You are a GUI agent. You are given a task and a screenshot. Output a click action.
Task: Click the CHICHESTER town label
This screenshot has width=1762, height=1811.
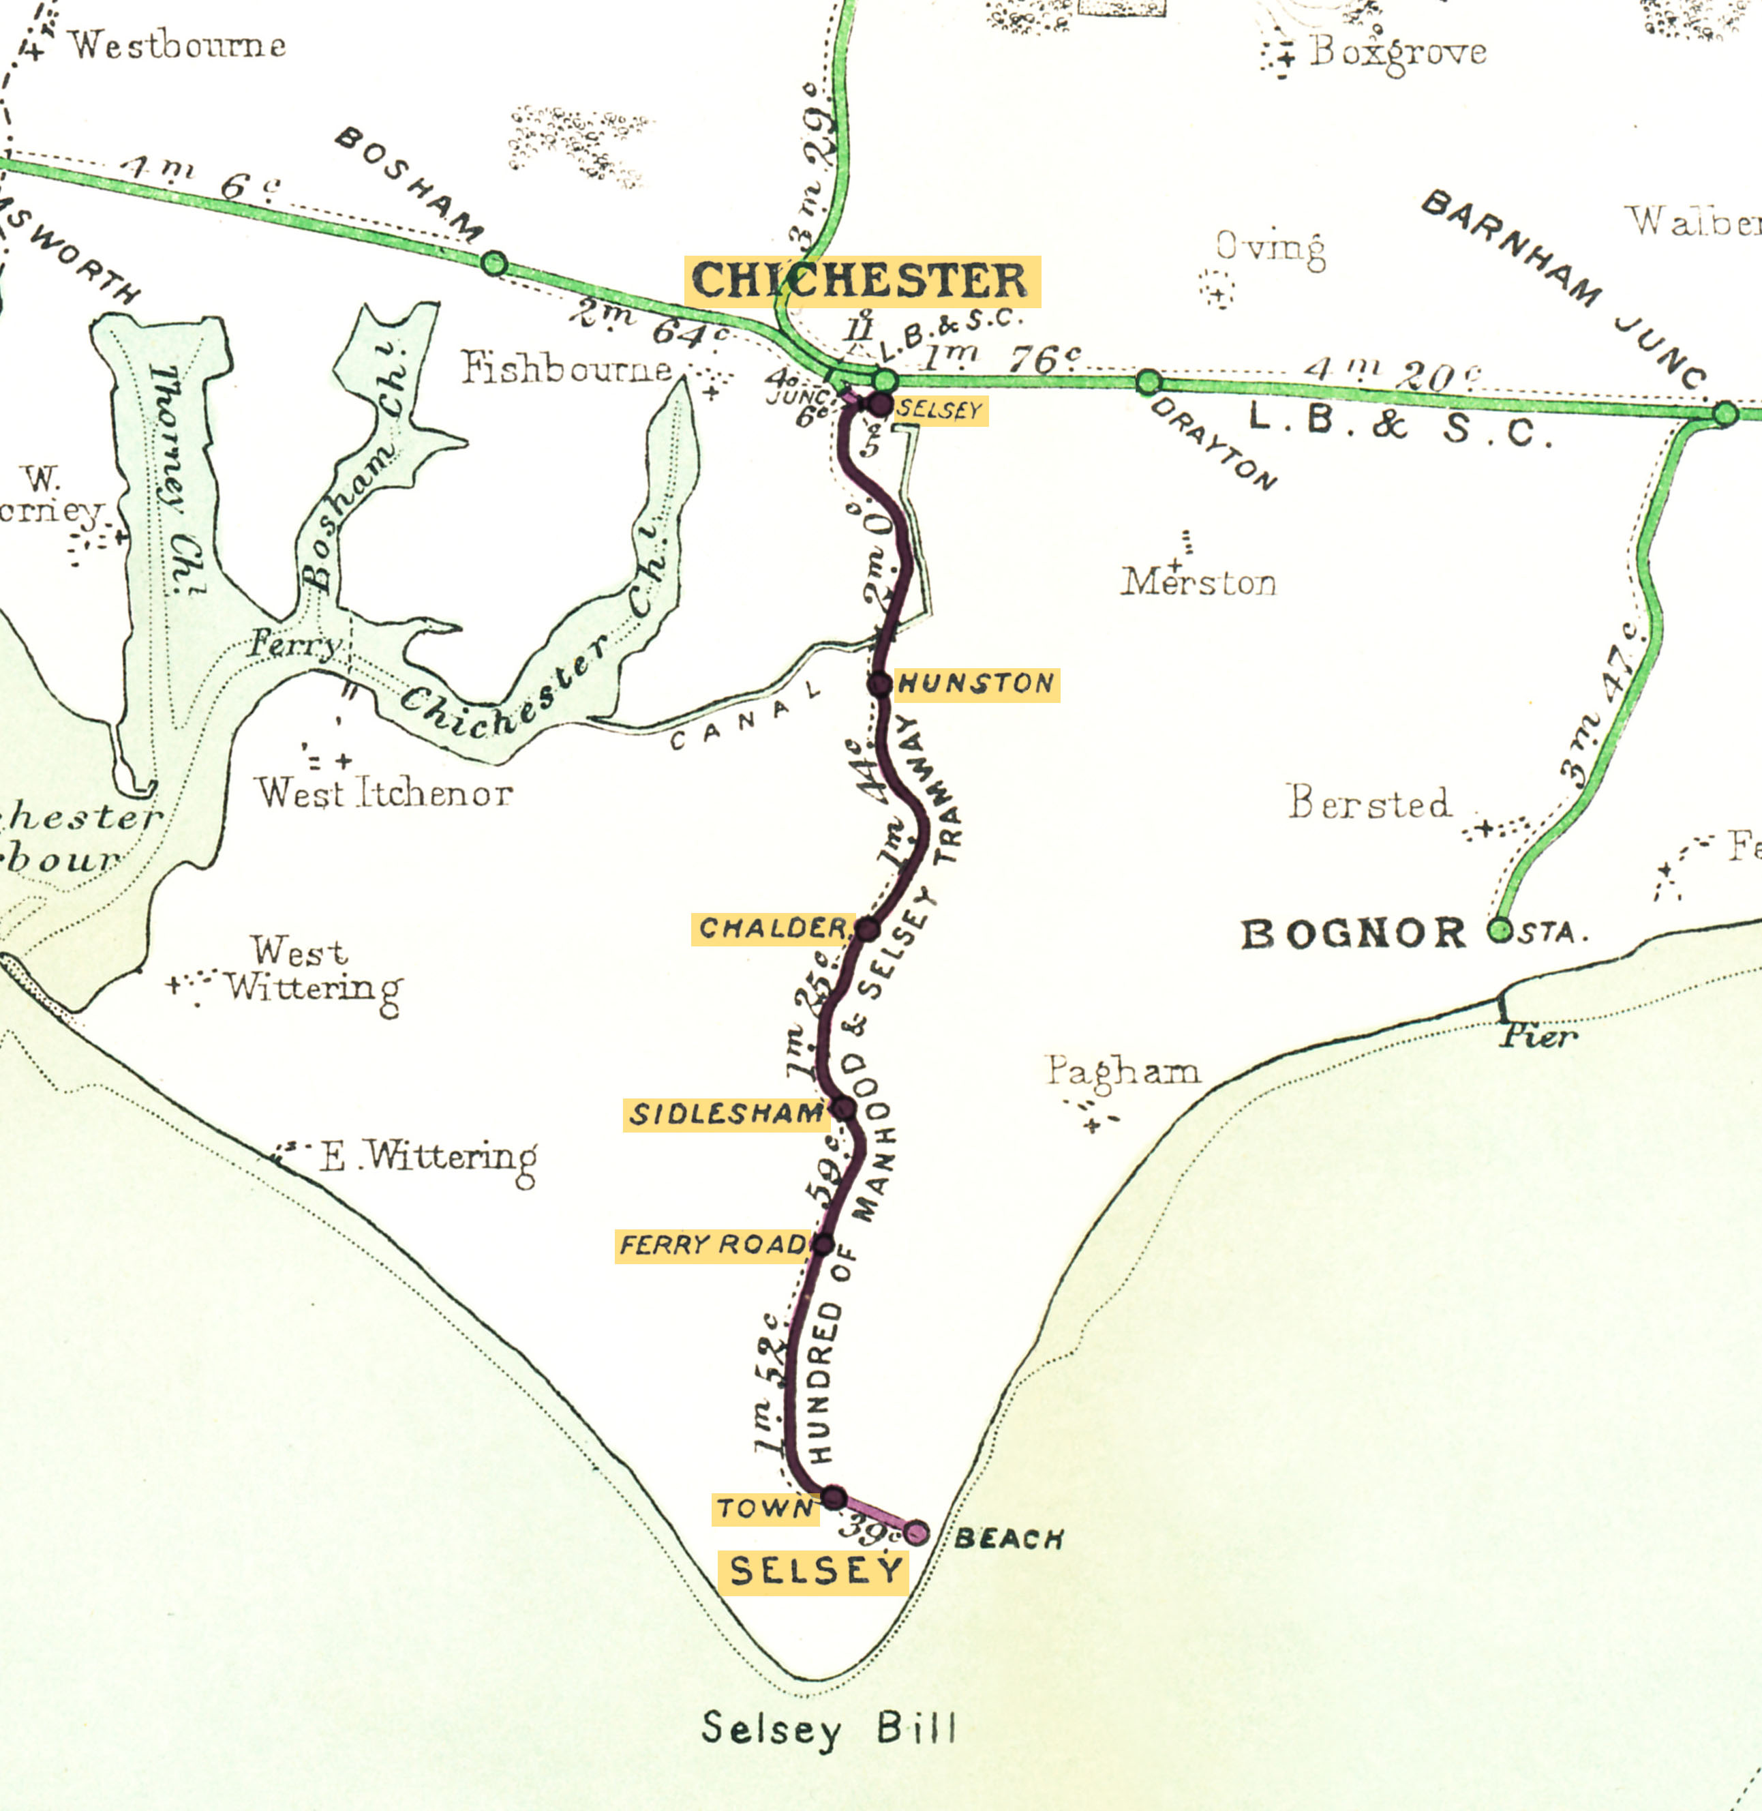(862, 280)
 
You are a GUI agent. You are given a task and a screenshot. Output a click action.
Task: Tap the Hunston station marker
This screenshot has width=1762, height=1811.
(880, 684)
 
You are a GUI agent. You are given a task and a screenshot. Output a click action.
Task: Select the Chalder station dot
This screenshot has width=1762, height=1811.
(867, 929)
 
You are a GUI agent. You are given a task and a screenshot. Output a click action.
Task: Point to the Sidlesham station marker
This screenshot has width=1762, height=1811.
(844, 1107)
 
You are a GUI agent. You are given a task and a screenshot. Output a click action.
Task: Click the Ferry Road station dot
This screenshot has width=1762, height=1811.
(823, 1244)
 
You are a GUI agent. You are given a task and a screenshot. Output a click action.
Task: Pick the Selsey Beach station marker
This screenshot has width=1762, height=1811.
(916, 1532)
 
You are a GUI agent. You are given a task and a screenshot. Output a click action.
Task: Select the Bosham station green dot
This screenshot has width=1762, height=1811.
(495, 264)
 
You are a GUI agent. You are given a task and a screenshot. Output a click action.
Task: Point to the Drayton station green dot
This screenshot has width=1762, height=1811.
(1149, 381)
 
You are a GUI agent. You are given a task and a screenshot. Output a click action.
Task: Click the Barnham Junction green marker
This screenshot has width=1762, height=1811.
(1725, 413)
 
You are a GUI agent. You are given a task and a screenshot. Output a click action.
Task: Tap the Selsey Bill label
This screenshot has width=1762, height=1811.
(828, 1728)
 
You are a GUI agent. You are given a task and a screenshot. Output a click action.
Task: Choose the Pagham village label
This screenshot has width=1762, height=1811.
(1123, 1071)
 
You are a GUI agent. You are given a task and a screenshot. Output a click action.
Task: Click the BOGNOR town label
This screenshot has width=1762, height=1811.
(1354, 933)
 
